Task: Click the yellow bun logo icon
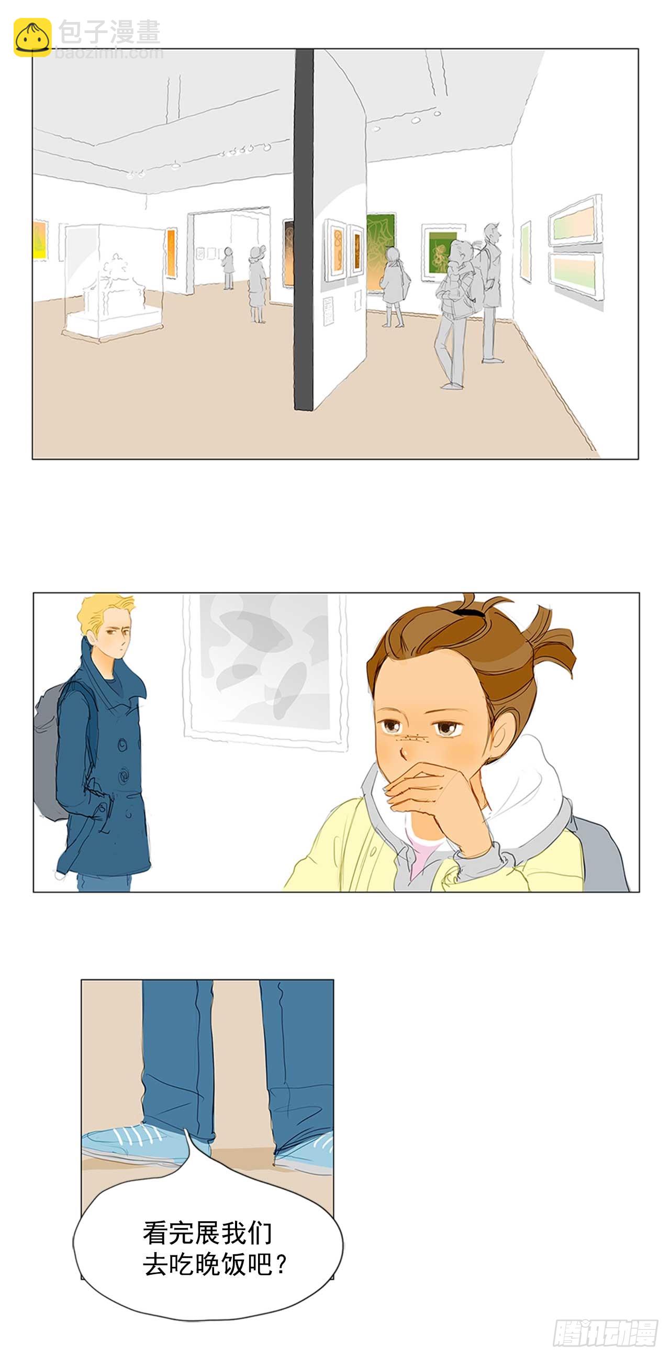(32, 37)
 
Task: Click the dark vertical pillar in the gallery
(304, 229)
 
